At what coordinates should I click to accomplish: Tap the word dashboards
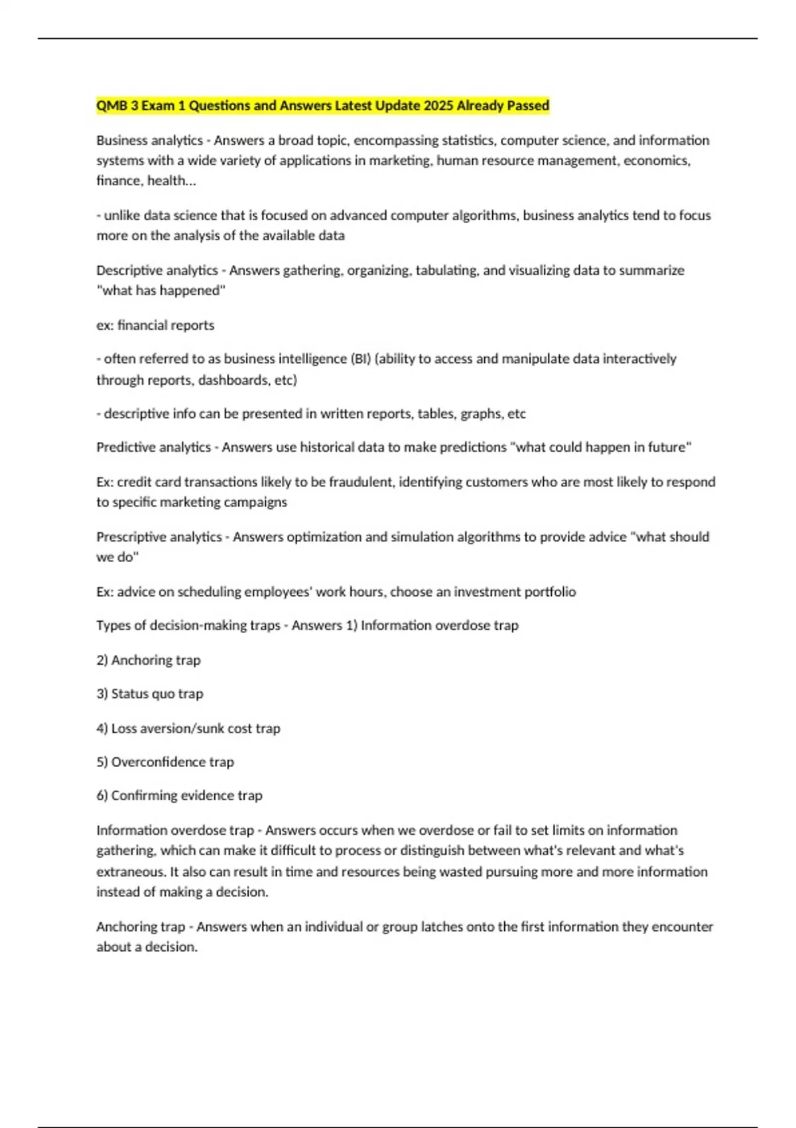point(233,380)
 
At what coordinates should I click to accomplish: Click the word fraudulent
point(359,482)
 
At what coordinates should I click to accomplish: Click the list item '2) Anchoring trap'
point(149,660)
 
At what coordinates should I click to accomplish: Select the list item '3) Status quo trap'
point(150,694)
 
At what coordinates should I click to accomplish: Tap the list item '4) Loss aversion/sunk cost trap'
point(188,729)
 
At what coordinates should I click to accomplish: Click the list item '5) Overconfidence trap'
point(165,762)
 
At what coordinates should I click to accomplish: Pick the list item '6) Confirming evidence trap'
point(179,796)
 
